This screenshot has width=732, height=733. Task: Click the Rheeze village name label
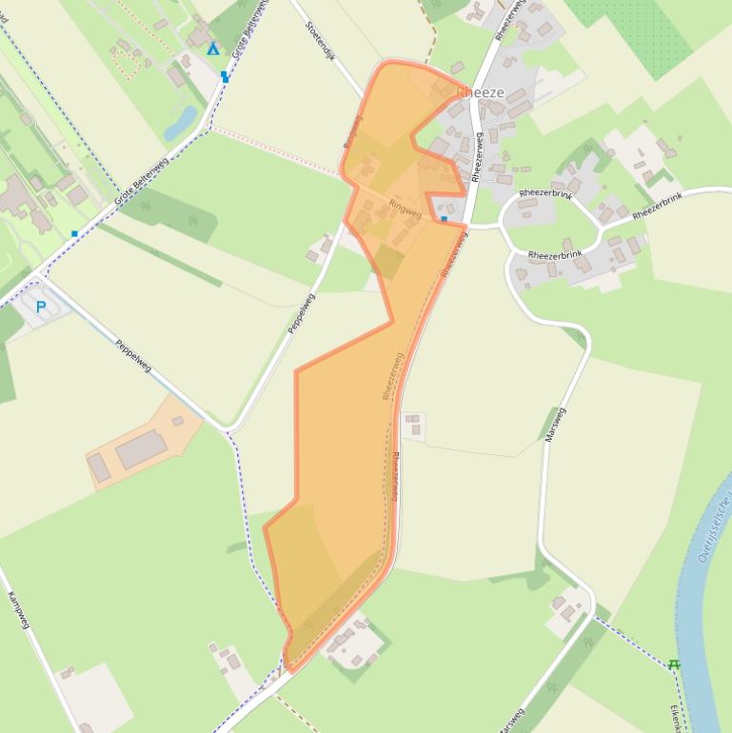(480, 92)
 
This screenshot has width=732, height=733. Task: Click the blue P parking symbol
(41, 307)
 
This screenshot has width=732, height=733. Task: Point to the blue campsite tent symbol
(213, 49)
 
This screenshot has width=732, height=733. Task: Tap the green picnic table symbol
(674, 664)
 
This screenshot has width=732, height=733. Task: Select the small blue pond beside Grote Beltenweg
(180, 122)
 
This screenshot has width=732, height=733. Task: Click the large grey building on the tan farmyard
(141, 448)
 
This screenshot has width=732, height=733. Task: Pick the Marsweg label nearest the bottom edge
(512, 720)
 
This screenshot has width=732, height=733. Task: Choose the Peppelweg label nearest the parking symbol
(133, 355)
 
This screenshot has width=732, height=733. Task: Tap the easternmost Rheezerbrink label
(658, 207)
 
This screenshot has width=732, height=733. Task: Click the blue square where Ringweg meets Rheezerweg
(444, 219)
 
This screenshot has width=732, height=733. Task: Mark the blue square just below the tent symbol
(225, 75)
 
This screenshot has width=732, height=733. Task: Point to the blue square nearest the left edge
(74, 233)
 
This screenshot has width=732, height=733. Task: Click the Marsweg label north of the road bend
(555, 425)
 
